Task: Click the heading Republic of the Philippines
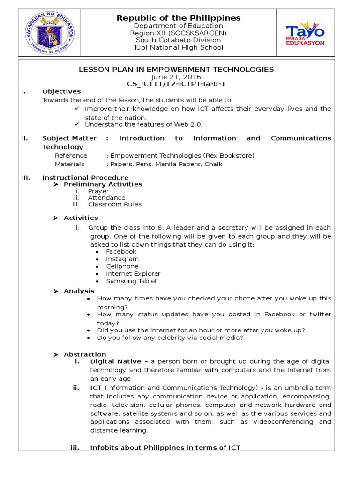[179, 18]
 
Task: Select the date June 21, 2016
[176, 77]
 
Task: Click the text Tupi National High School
[178, 47]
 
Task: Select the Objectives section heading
[61, 91]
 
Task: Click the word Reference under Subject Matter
[71, 155]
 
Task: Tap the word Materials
[69, 164]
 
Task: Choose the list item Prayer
[98, 191]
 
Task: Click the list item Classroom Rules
[114, 204]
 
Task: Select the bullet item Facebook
[121, 252]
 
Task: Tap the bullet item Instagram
[122, 259]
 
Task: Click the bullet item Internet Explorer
[133, 274]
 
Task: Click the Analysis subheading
[79, 291]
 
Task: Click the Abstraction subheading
[85, 354]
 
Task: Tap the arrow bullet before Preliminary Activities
[55, 184]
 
